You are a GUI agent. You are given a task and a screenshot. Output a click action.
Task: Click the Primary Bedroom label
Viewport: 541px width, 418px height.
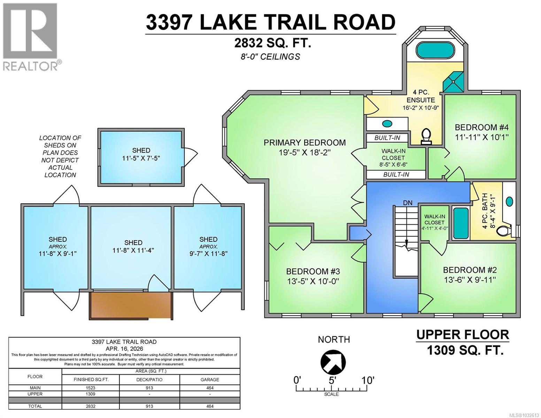coord(304,142)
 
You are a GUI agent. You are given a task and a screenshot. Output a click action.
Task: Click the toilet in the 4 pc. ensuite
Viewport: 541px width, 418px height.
coord(426,136)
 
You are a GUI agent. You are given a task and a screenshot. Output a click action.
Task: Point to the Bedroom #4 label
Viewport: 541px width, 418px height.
coord(481,127)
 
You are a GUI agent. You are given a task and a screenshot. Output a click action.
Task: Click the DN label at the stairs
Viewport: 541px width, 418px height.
coord(408,202)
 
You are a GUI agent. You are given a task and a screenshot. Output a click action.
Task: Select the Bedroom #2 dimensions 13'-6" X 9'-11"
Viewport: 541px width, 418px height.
coord(470,280)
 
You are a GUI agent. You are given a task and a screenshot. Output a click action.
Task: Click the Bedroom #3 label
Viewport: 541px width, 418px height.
coord(313,271)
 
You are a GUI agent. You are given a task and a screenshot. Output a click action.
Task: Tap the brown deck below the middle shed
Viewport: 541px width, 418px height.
coord(131,305)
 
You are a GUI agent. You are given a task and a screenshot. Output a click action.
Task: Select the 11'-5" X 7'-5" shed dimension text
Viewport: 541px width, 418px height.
coord(141,158)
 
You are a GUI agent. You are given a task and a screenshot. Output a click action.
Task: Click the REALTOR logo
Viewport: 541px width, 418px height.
coord(31,37)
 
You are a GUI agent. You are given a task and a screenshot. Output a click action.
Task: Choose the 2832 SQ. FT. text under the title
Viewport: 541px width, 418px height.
coord(272,43)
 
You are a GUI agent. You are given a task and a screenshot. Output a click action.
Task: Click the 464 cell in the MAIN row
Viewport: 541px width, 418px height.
coord(210,388)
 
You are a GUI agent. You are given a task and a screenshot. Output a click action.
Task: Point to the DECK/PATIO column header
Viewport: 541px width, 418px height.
coord(149,379)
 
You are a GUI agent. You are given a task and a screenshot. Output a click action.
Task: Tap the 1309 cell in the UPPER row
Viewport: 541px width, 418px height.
coord(91,394)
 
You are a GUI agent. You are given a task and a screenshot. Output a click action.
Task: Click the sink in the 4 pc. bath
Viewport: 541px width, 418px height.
coord(509,201)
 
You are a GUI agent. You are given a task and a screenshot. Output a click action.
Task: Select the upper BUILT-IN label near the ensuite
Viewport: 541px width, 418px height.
coord(387,138)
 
